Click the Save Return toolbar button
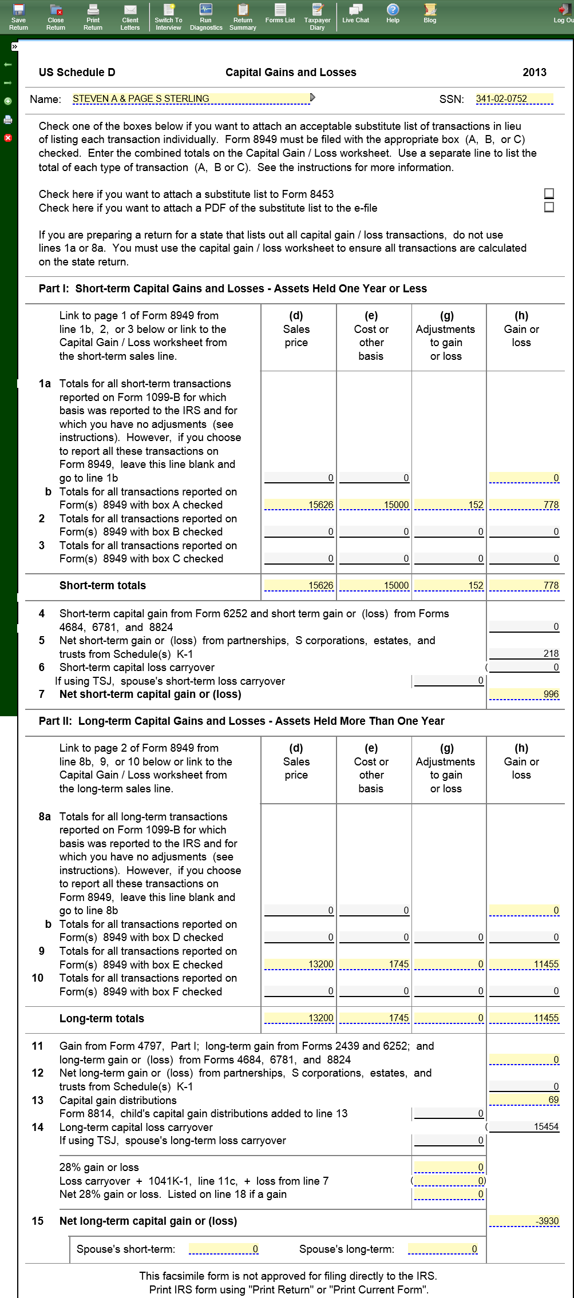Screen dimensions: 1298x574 point(18,17)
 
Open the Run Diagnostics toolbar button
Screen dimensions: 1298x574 point(205,17)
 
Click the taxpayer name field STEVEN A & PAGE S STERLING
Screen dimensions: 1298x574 point(191,99)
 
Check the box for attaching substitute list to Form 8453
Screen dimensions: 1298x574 point(549,194)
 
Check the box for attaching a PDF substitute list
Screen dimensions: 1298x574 point(549,207)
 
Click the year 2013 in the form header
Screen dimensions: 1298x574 point(534,73)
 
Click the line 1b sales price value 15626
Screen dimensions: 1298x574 point(299,505)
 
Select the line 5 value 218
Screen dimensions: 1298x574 point(524,653)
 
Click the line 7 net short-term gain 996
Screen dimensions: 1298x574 point(524,694)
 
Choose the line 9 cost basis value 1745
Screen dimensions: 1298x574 point(375,964)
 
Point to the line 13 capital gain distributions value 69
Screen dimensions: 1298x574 point(524,1099)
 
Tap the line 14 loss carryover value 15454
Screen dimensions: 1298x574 point(524,1126)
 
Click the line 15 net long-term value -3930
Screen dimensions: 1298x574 point(524,1221)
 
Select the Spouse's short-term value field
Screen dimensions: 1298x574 point(224,1249)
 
